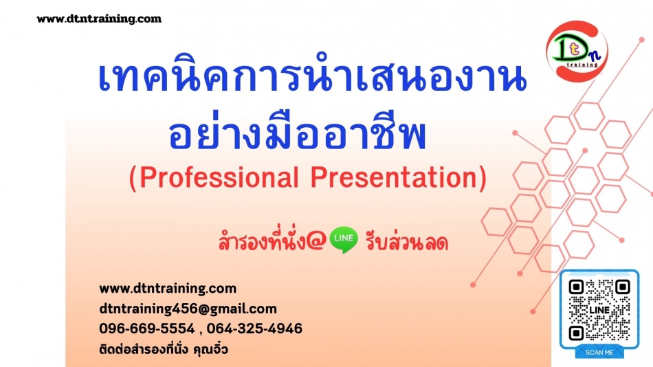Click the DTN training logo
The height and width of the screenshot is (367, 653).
tap(577, 50)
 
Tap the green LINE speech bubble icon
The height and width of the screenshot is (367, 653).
tap(344, 240)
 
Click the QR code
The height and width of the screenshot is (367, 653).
tap(599, 309)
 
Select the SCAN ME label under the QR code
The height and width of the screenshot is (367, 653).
tap(599, 353)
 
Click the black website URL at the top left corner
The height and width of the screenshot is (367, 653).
tap(99, 19)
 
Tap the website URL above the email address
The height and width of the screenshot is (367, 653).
tap(168, 288)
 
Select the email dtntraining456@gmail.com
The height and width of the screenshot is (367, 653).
tap(188, 309)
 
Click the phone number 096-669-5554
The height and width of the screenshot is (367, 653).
tap(147, 329)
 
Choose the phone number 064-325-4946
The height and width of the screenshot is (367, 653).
tap(254, 329)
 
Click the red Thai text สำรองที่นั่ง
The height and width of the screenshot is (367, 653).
tap(262, 241)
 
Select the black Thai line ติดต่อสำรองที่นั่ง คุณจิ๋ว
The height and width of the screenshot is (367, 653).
tap(164, 349)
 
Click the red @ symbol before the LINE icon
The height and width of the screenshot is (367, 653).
tap(316, 242)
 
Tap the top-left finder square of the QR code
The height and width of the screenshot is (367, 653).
tap(576, 287)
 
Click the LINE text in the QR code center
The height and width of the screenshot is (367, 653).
tap(599, 311)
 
